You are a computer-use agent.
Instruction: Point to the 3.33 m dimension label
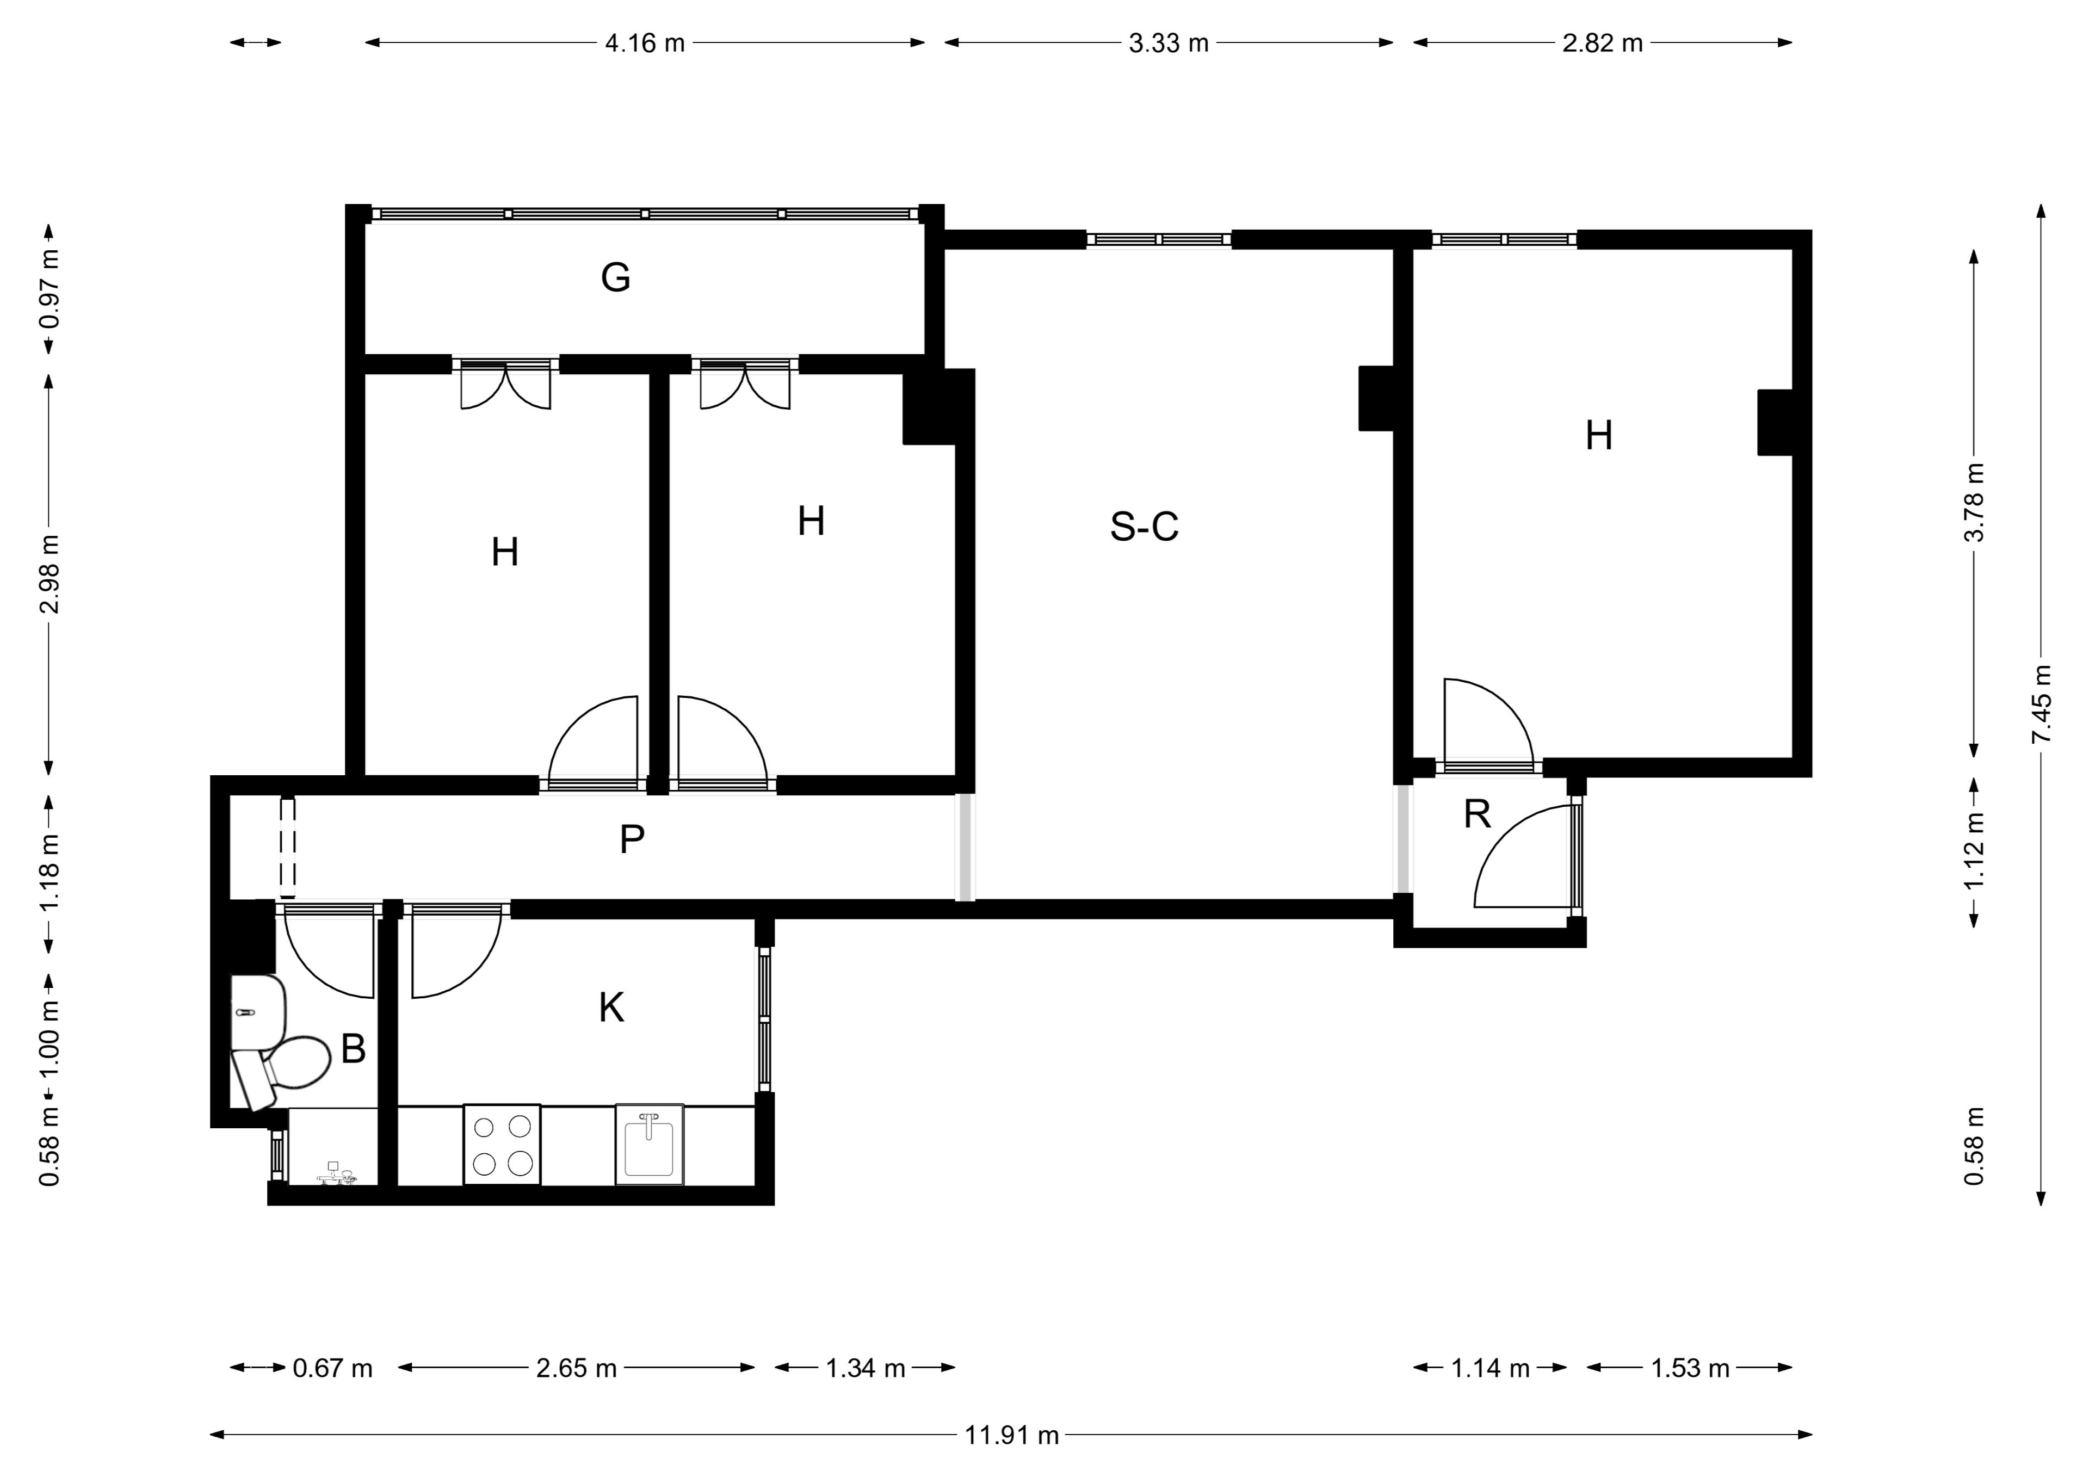tap(1168, 43)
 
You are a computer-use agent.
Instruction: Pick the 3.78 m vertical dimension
tap(1974, 502)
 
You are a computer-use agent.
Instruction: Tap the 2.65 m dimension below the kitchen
tap(576, 1368)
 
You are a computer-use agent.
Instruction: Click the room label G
tap(615, 277)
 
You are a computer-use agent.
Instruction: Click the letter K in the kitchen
tap(611, 1008)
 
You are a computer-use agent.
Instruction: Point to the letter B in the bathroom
tap(353, 1049)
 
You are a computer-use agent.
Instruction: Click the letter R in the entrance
tap(1476, 814)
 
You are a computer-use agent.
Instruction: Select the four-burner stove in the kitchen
tap(502, 1144)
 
